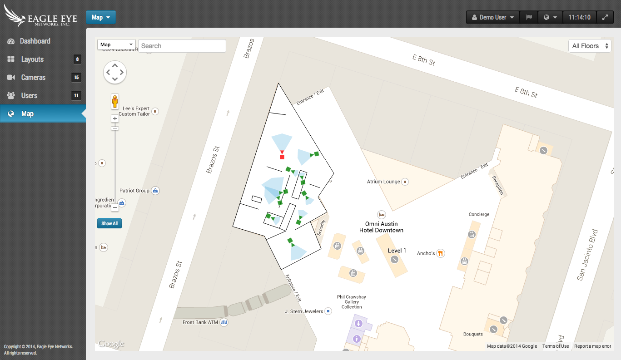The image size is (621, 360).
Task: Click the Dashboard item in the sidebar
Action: (x=35, y=41)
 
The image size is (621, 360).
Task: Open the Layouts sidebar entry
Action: (x=32, y=59)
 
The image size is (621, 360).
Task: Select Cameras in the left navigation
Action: (x=33, y=77)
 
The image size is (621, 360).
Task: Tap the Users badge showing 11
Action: (x=76, y=95)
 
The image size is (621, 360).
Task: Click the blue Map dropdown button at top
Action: (x=101, y=17)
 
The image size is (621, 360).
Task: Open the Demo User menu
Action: (x=493, y=17)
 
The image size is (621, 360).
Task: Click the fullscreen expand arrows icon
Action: (x=605, y=17)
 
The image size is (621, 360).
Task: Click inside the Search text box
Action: (x=182, y=46)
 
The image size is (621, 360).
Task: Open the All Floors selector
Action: (x=590, y=46)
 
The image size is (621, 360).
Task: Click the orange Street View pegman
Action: (x=115, y=101)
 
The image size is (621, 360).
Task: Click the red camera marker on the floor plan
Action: (x=282, y=157)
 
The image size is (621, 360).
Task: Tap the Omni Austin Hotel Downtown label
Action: (x=381, y=227)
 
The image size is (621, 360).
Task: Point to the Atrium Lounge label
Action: (x=383, y=182)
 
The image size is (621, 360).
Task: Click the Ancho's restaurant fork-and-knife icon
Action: (x=440, y=253)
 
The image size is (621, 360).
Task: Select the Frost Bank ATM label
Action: (x=200, y=322)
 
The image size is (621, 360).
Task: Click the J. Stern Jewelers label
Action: (x=304, y=311)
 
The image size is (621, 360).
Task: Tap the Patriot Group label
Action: (x=134, y=191)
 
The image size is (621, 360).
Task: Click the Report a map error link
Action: (x=592, y=346)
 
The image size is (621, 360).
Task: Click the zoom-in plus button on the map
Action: (x=115, y=118)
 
